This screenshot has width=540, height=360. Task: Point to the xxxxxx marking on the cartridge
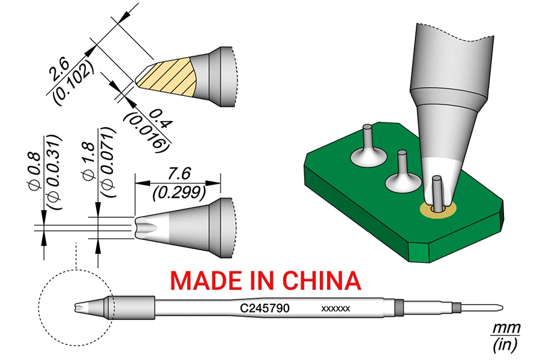tap(336, 310)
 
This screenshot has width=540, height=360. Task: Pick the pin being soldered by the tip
tap(438, 191)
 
